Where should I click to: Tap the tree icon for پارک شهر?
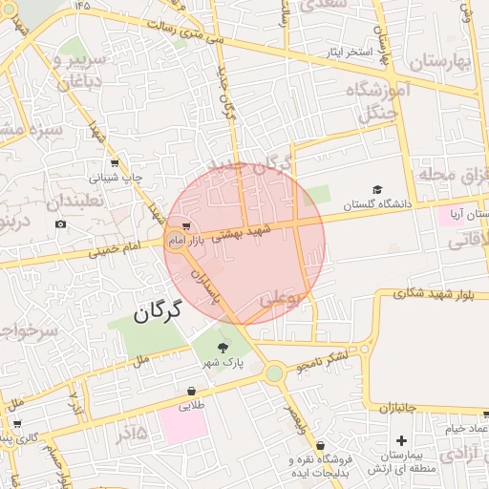click(x=223, y=347)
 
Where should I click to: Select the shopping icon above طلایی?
click(x=193, y=391)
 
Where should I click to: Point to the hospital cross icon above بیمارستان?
click(x=401, y=442)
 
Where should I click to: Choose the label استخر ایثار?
click(x=352, y=52)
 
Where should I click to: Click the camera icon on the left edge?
click(x=61, y=224)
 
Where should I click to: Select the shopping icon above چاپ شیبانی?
click(x=115, y=162)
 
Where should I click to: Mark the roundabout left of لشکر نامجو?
click(x=275, y=373)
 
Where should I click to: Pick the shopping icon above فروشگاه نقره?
click(x=321, y=445)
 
